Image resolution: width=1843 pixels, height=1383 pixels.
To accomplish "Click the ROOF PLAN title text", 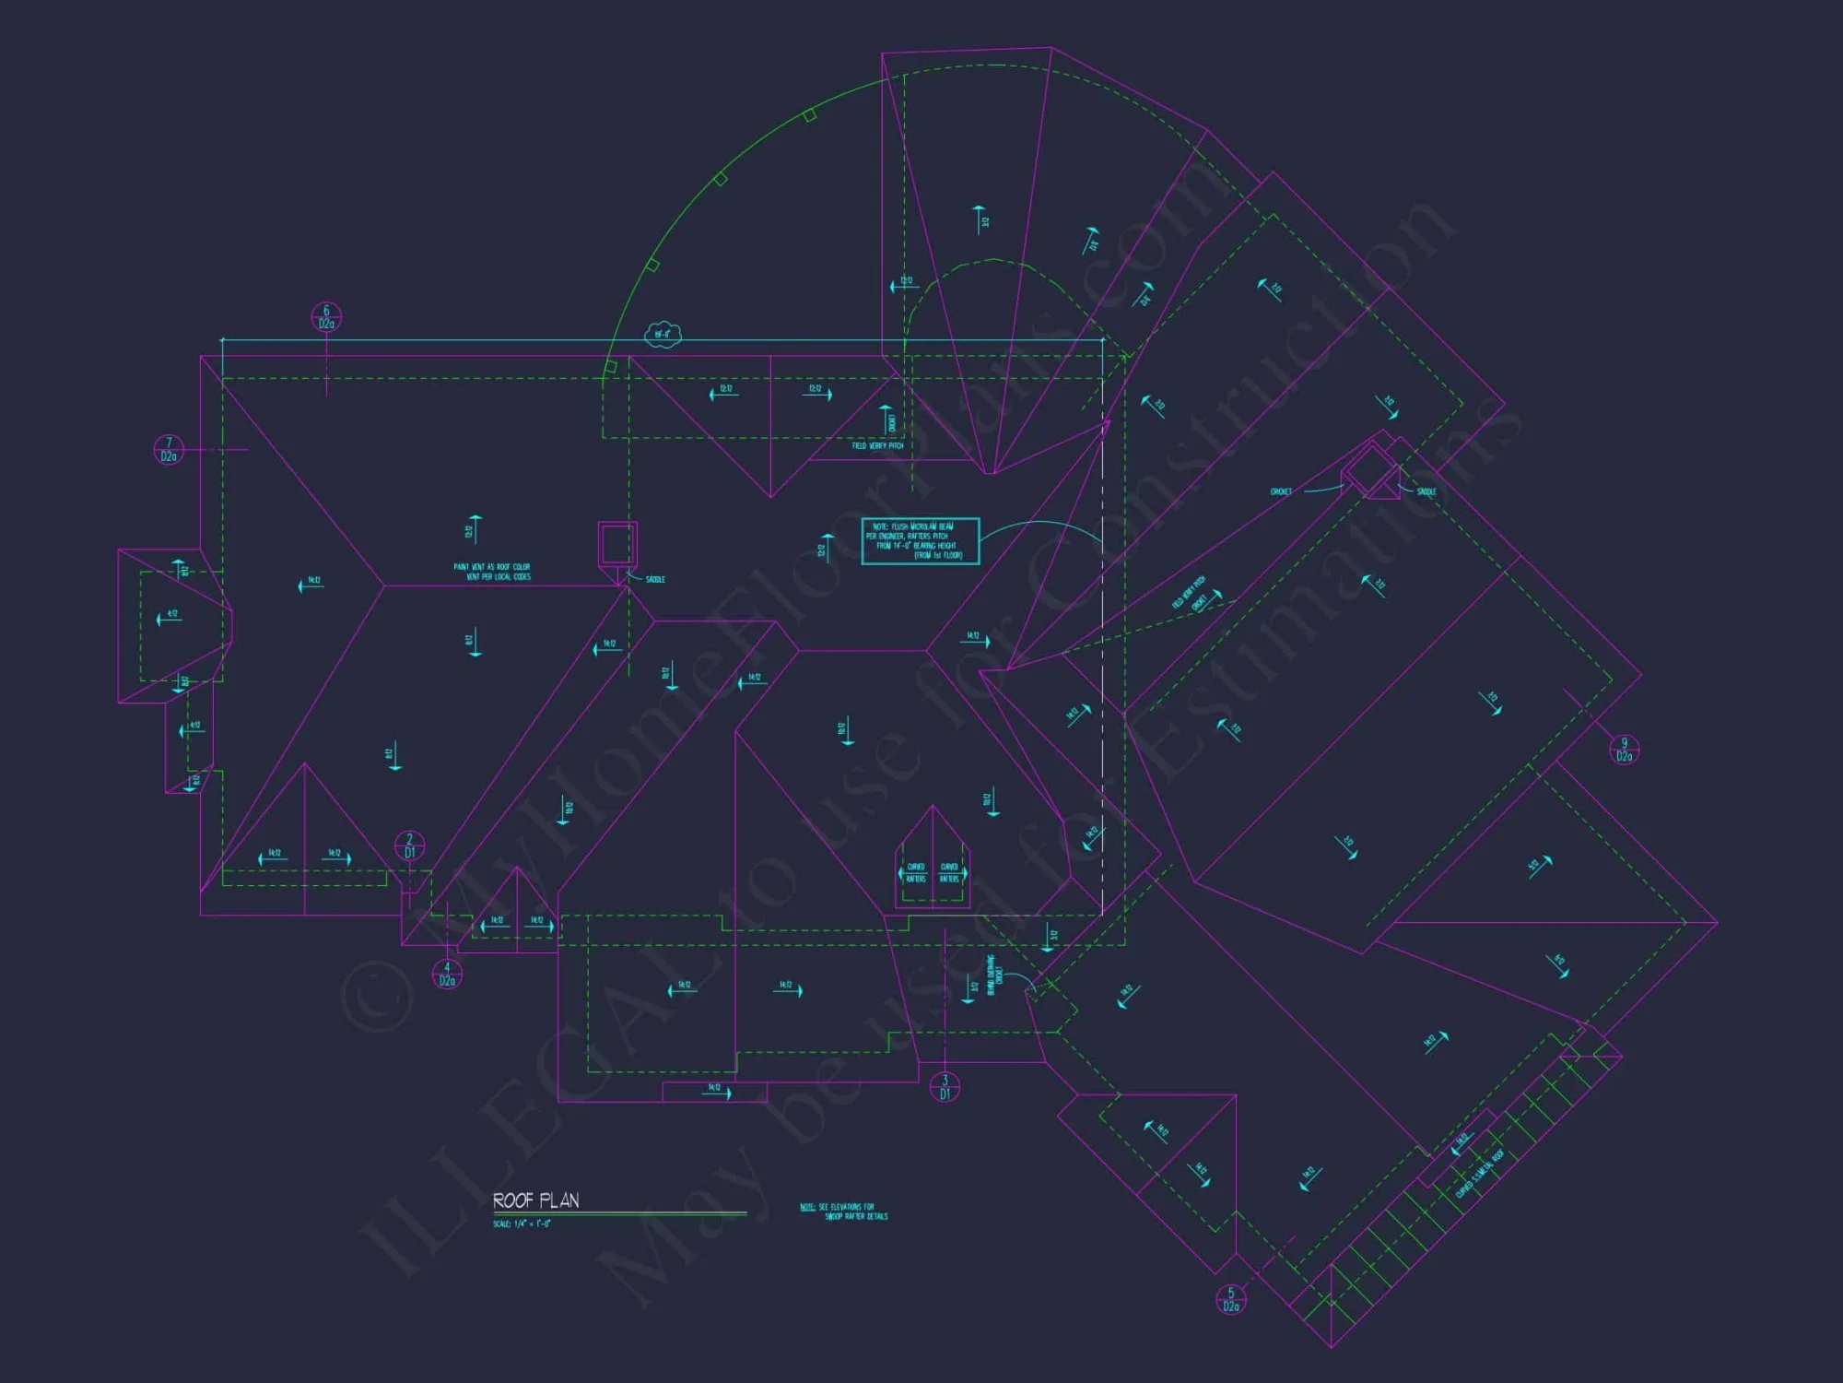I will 535,1200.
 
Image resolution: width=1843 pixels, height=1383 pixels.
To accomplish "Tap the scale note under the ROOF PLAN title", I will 522,1224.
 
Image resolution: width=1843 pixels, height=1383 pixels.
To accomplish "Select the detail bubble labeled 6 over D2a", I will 326,317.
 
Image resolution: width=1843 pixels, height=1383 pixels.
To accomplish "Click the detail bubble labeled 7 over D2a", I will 169,450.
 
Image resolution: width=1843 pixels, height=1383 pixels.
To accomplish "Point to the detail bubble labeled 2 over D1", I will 409,846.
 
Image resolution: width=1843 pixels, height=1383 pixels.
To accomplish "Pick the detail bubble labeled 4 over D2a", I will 447,975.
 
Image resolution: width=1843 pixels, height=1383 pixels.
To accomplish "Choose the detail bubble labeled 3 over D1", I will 945,1087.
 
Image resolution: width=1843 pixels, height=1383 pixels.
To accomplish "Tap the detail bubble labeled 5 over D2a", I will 1231,1300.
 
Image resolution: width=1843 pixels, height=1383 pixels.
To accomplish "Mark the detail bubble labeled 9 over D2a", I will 1624,750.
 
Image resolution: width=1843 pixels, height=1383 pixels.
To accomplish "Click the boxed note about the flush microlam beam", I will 920,541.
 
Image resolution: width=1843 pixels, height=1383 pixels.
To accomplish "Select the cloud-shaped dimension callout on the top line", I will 663,334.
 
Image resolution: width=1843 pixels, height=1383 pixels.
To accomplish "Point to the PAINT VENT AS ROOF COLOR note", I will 492,572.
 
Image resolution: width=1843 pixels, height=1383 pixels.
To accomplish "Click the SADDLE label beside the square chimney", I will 655,579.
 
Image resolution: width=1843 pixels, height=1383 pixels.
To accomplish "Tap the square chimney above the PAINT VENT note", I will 617,543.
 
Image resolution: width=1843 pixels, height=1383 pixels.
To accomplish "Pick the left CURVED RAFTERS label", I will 915,873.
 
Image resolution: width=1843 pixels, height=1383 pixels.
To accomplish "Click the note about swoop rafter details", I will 844,1212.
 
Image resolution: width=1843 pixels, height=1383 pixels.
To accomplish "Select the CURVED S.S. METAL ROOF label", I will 1479,1174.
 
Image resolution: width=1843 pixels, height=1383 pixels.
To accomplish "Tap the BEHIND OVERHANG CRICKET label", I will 994,975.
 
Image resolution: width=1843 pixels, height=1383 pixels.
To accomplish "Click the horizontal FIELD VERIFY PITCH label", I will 877,446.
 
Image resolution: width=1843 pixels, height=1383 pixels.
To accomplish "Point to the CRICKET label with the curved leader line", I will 1281,491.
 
